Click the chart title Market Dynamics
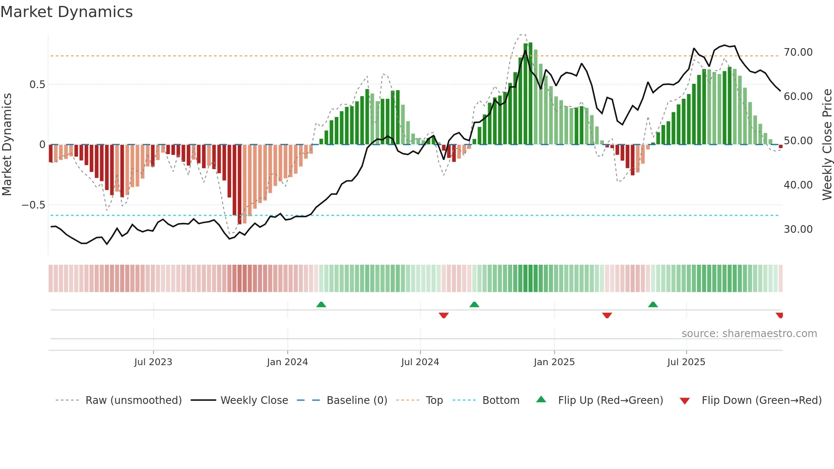67,12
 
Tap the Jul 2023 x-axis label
153,362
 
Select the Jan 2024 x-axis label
287,362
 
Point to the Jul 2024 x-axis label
420,362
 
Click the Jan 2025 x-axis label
554,362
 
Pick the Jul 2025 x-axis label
686,362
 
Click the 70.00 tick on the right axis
798,52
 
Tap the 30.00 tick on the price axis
798,229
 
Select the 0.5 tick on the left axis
37,85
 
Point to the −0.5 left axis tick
34,205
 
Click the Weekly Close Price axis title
827,145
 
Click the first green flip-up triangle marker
321,304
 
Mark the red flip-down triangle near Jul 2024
443,315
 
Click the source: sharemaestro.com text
749,334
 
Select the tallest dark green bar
531,94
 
